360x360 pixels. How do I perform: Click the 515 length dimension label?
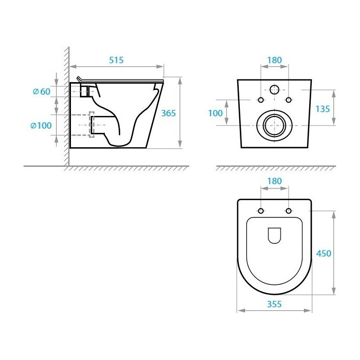[x=116, y=60]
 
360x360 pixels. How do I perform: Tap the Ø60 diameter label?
[x=41, y=92]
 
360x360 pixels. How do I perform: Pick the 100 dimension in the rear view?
[x=215, y=113]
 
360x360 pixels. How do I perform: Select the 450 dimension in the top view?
[x=323, y=253]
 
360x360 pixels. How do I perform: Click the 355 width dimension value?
[x=274, y=304]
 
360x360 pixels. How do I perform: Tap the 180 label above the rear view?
[x=274, y=60]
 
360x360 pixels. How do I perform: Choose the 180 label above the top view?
[x=274, y=181]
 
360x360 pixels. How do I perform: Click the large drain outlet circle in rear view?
[x=274, y=125]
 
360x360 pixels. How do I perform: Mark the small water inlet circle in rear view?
[x=274, y=89]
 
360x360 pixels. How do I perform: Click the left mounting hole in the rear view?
[x=260, y=101]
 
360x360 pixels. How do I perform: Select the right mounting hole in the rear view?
[x=289, y=101]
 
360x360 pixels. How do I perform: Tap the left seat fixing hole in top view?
[x=260, y=212]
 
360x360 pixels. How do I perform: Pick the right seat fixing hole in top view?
[x=289, y=212]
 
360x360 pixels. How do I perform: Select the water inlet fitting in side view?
[x=83, y=91]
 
